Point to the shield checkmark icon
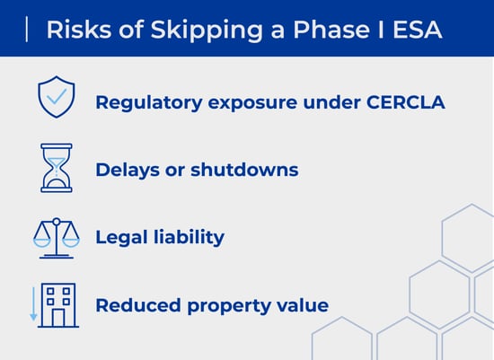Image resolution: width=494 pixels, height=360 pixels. point(55,99)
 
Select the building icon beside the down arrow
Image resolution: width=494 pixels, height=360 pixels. point(61,305)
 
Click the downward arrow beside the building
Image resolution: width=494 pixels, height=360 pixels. point(34,304)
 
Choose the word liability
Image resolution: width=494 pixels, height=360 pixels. point(191,237)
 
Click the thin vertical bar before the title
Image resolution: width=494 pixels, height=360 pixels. point(28,30)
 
